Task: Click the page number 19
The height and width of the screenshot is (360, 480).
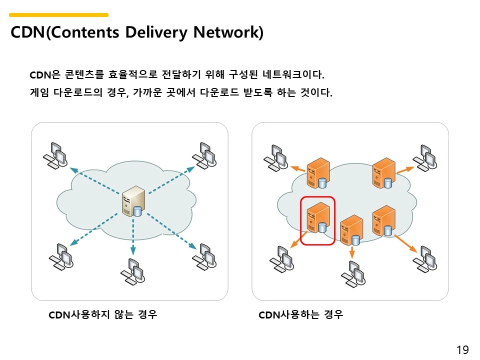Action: (x=462, y=349)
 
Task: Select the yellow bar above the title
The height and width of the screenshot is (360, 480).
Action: (x=59, y=15)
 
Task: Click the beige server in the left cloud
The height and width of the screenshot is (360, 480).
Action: (x=133, y=200)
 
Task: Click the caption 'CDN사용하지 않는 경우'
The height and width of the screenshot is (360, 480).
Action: (x=103, y=314)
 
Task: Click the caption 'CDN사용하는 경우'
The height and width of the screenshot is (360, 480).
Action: (x=301, y=314)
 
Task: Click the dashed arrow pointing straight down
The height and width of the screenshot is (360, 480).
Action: (x=133, y=237)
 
